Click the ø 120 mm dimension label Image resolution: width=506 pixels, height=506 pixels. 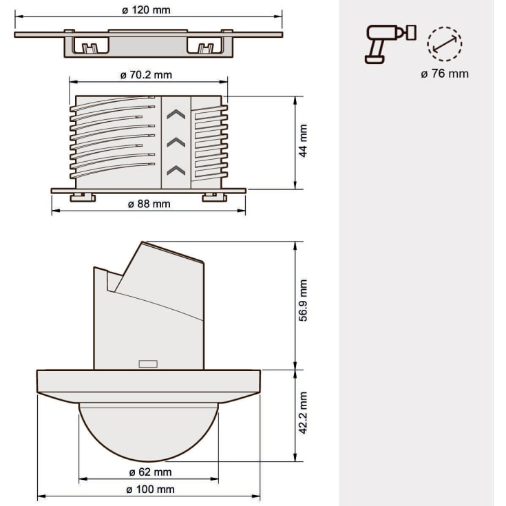pyautogui.click(x=146, y=10)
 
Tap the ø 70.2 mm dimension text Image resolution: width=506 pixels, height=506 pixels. pyautogui.click(x=146, y=75)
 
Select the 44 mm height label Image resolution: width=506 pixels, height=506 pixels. pyautogui.click(x=303, y=140)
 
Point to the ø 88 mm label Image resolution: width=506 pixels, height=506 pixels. pyautogui.click(x=149, y=204)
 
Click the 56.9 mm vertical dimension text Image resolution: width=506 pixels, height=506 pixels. pyautogui.click(x=303, y=300)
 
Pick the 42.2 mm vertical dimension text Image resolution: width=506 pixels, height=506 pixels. pyautogui.click(x=303, y=413)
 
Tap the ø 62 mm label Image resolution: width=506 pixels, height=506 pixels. pyautogui.click(x=150, y=472)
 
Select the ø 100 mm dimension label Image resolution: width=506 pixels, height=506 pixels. pyautogui.click(x=150, y=489)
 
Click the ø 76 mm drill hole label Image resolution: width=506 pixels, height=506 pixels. pyautogui.click(x=445, y=74)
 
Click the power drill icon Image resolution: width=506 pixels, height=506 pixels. pyautogui.click(x=390, y=44)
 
